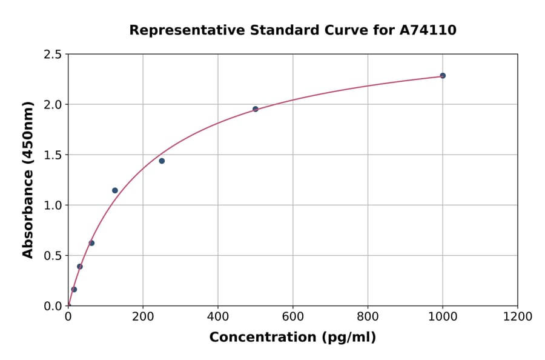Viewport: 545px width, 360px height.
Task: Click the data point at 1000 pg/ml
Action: (x=443, y=76)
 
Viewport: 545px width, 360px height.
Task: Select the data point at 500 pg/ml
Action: (x=256, y=109)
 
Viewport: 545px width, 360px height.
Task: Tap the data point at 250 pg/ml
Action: (x=162, y=161)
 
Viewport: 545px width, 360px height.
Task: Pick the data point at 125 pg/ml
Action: (x=115, y=190)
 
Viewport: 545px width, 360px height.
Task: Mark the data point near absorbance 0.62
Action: (x=91, y=243)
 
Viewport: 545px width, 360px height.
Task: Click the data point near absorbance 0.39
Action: (x=80, y=267)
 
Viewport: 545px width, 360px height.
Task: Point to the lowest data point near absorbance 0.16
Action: (x=74, y=289)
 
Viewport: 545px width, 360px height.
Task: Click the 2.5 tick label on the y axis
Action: (x=53, y=55)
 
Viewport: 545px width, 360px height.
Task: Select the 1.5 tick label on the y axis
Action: (x=53, y=155)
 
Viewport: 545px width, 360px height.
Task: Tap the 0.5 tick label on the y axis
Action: (x=53, y=256)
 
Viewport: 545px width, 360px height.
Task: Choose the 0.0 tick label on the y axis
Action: (x=53, y=306)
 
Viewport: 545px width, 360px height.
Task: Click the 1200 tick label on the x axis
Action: (x=517, y=317)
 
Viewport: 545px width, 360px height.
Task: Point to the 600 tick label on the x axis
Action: (x=292, y=317)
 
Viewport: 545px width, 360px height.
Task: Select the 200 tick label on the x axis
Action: (x=143, y=317)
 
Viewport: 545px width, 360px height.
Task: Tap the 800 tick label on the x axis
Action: (x=368, y=317)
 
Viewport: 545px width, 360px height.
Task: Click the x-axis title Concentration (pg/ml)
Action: (x=292, y=338)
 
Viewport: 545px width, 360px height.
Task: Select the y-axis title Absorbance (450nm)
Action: (x=28, y=179)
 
